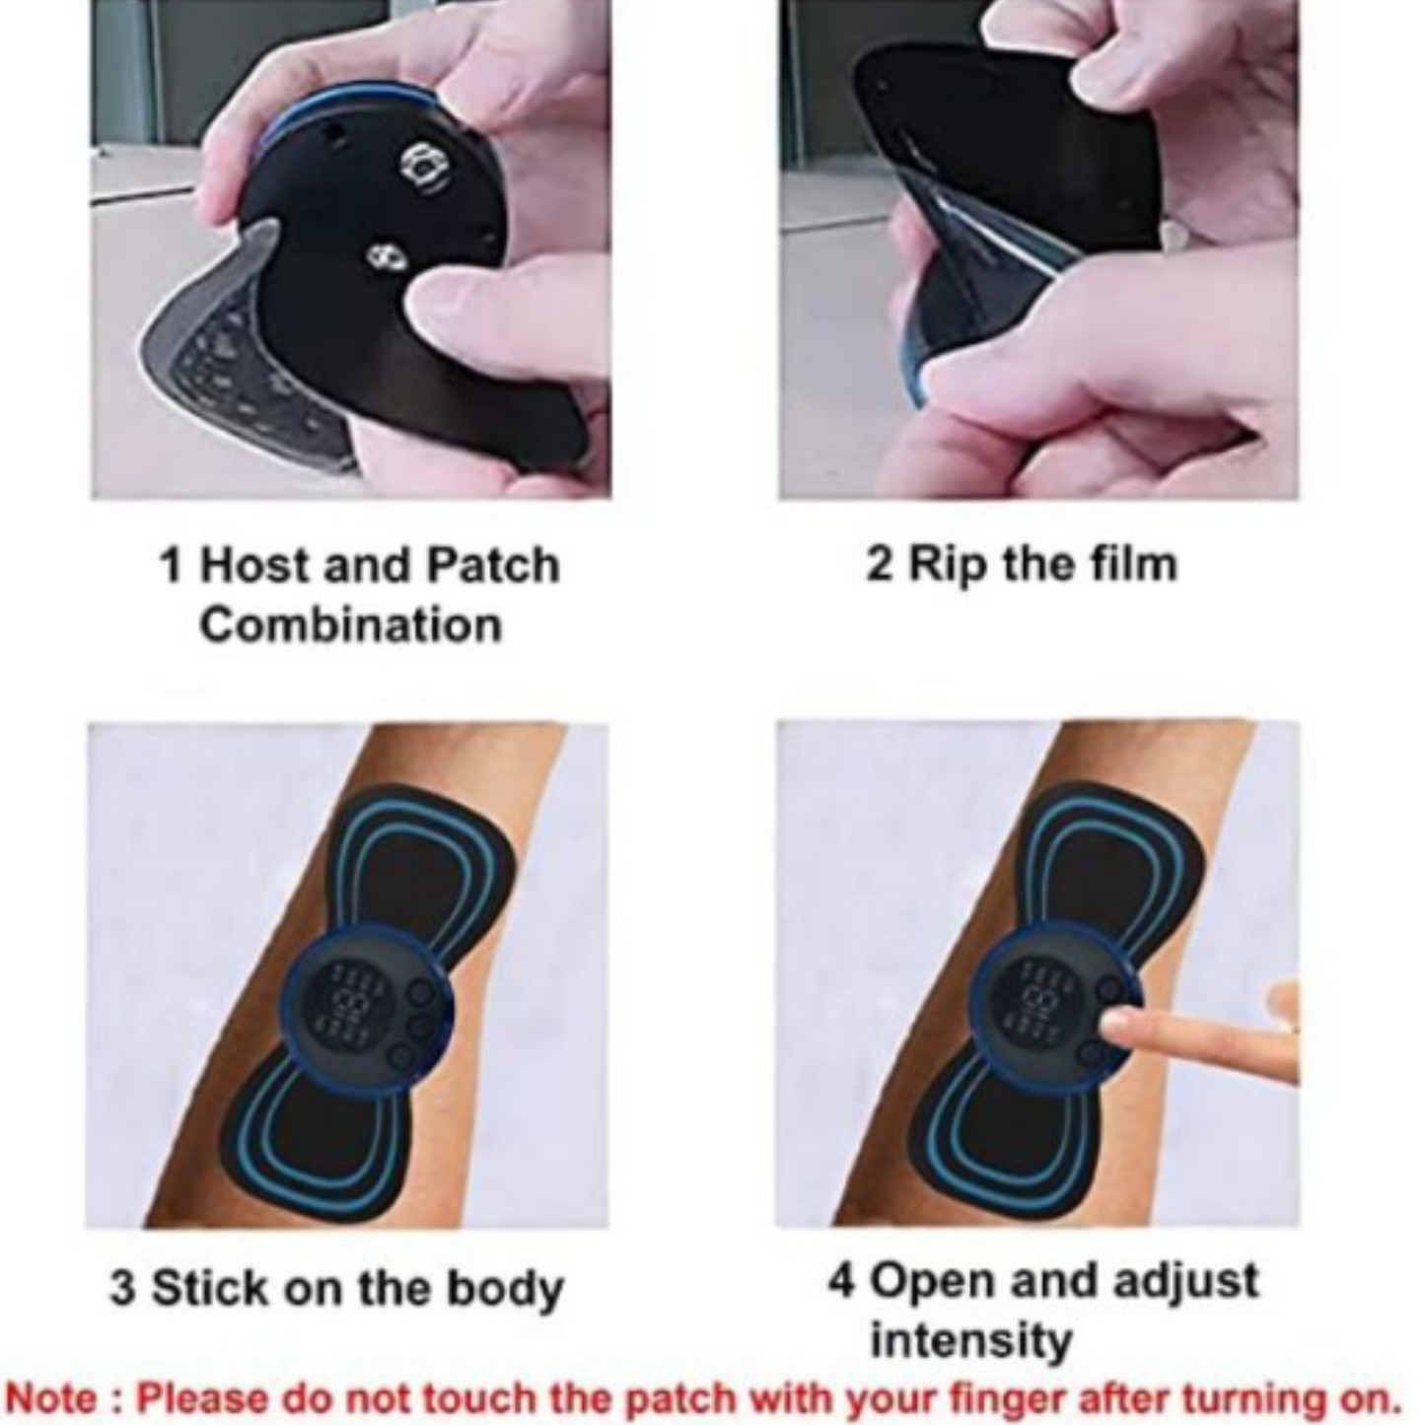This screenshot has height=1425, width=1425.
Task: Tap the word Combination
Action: coord(350,625)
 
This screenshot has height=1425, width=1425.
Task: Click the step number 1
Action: coord(171,566)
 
